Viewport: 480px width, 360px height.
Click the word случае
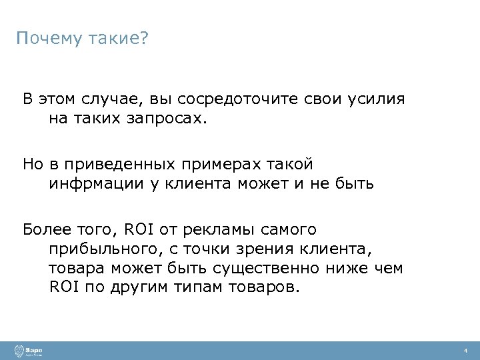(105, 99)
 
